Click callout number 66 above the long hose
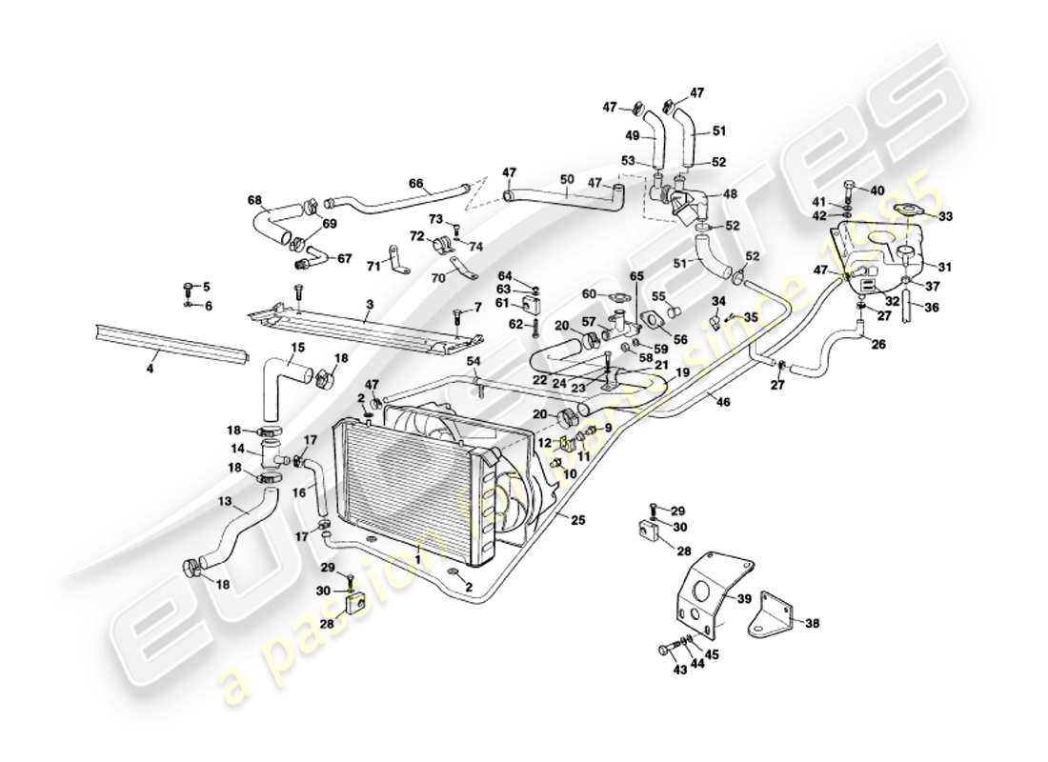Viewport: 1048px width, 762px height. (415, 184)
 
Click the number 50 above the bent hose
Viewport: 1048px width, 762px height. (566, 179)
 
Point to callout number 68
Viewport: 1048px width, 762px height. (254, 200)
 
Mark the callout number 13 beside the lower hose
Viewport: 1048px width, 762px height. (225, 500)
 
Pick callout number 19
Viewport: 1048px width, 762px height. (682, 373)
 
